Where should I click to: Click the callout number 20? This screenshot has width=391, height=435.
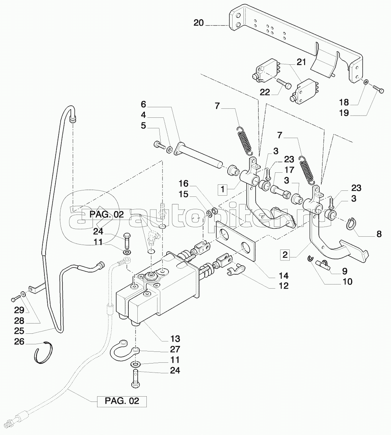pyautogui.click(x=199, y=23)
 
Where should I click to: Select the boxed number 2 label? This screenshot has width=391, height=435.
pyautogui.click(x=285, y=255)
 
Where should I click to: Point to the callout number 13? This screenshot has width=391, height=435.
pyautogui.click(x=175, y=338)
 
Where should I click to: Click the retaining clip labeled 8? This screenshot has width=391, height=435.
pyautogui.click(x=351, y=224)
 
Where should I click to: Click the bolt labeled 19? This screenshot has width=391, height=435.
pyautogui.click(x=379, y=90)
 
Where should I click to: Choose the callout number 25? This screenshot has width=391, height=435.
pyautogui.click(x=19, y=331)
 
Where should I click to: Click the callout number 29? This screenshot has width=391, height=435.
pyautogui.click(x=19, y=310)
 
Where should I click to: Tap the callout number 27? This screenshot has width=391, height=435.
pyautogui.click(x=175, y=349)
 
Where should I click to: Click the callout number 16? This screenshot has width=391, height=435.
pyautogui.click(x=183, y=184)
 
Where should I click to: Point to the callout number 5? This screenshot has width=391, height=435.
pyautogui.click(x=143, y=125)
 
